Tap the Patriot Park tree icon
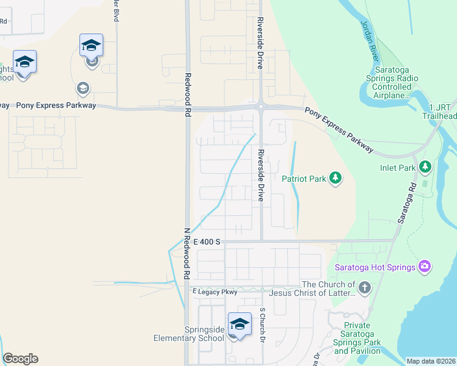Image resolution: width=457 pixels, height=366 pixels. coord(335,178)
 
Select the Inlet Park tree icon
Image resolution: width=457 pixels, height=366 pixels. coord(425,167)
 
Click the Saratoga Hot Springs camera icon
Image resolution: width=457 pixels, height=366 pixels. coord(425,267)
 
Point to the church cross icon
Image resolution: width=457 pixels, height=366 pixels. coord(364,287)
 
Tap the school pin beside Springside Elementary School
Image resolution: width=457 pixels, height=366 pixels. coord(239,325)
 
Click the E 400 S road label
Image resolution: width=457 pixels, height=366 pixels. coord(207,242)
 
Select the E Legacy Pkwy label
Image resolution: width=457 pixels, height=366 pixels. coord(214,292)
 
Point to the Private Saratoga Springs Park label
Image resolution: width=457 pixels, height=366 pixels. coord(357,338)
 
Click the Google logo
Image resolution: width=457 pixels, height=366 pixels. coord(20,359)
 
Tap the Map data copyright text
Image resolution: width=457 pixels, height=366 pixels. coord(430,361)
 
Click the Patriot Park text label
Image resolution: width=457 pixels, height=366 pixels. coord(302,179)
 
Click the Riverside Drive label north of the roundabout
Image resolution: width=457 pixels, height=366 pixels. coord(259,43)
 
